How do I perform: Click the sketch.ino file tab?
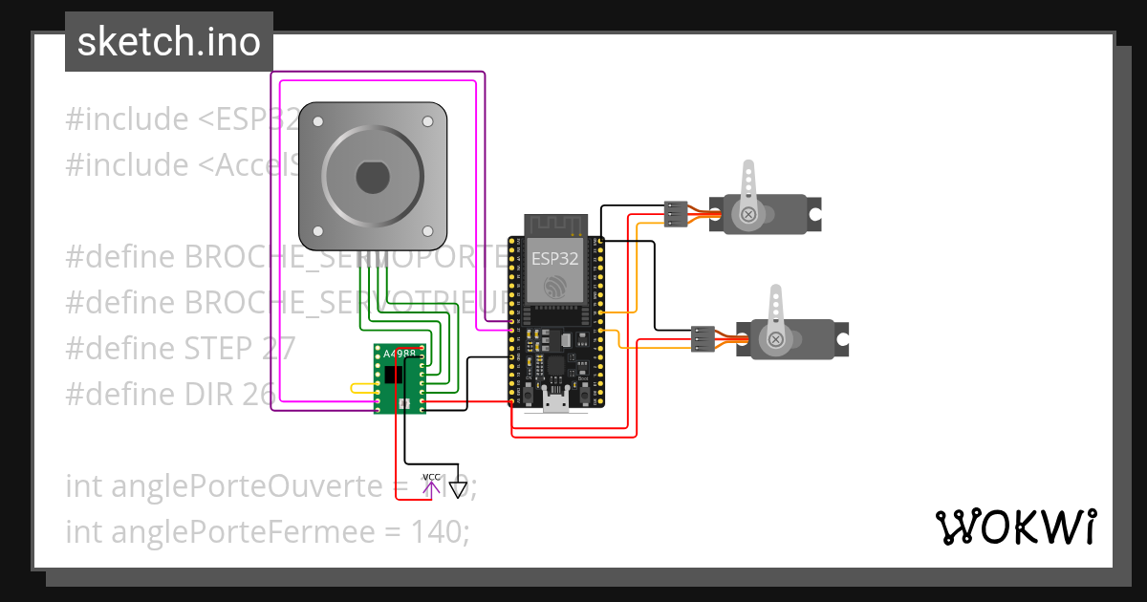(168, 42)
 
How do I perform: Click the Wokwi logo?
(1014, 527)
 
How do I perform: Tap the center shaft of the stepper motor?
(372, 177)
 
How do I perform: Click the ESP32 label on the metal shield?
(554, 258)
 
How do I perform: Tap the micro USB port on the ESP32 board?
(555, 399)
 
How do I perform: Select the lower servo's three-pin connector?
(703, 339)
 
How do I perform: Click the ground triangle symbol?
(459, 490)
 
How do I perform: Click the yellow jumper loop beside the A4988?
(362, 388)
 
